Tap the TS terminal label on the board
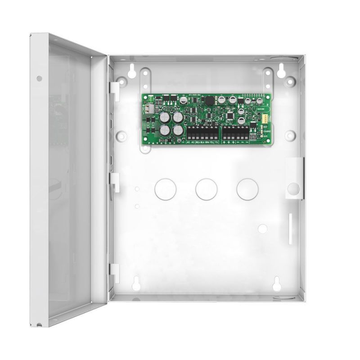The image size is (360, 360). click(x=216, y=142)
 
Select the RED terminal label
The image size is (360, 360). click(x=198, y=142)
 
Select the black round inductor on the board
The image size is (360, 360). click(x=208, y=101)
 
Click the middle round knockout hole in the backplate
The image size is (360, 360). click(x=206, y=189)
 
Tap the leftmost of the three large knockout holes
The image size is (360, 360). click(x=165, y=189)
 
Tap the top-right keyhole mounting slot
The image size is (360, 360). click(x=281, y=70)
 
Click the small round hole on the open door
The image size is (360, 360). click(x=40, y=78)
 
